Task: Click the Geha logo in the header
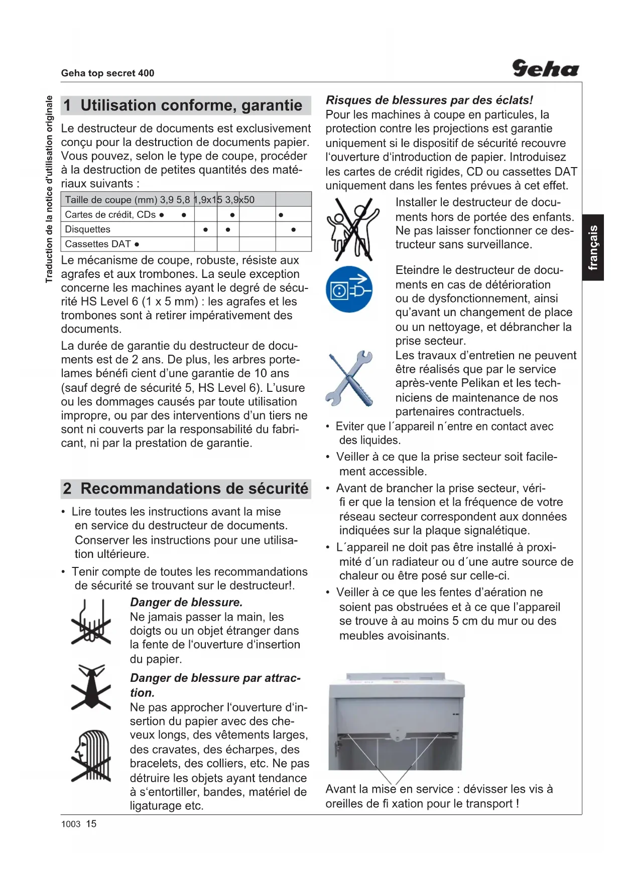click(545, 68)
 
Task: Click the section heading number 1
click(67, 105)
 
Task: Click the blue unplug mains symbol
click(349, 289)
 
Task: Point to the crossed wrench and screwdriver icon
click(349, 378)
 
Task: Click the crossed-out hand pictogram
click(91, 622)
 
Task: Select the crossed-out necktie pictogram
click(91, 687)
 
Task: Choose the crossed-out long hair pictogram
click(91, 756)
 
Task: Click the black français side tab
click(593, 247)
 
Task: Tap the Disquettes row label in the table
click(88, 229)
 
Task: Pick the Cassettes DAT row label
click(98, 244)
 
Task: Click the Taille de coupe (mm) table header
click(111, 200)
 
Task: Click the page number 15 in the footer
click(91, 824)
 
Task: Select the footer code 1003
click(71, 824)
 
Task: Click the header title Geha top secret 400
click(107, 73)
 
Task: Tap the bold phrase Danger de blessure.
click(186, 603)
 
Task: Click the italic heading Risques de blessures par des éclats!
click(429, 100)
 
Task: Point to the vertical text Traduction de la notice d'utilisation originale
click(49, 189)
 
